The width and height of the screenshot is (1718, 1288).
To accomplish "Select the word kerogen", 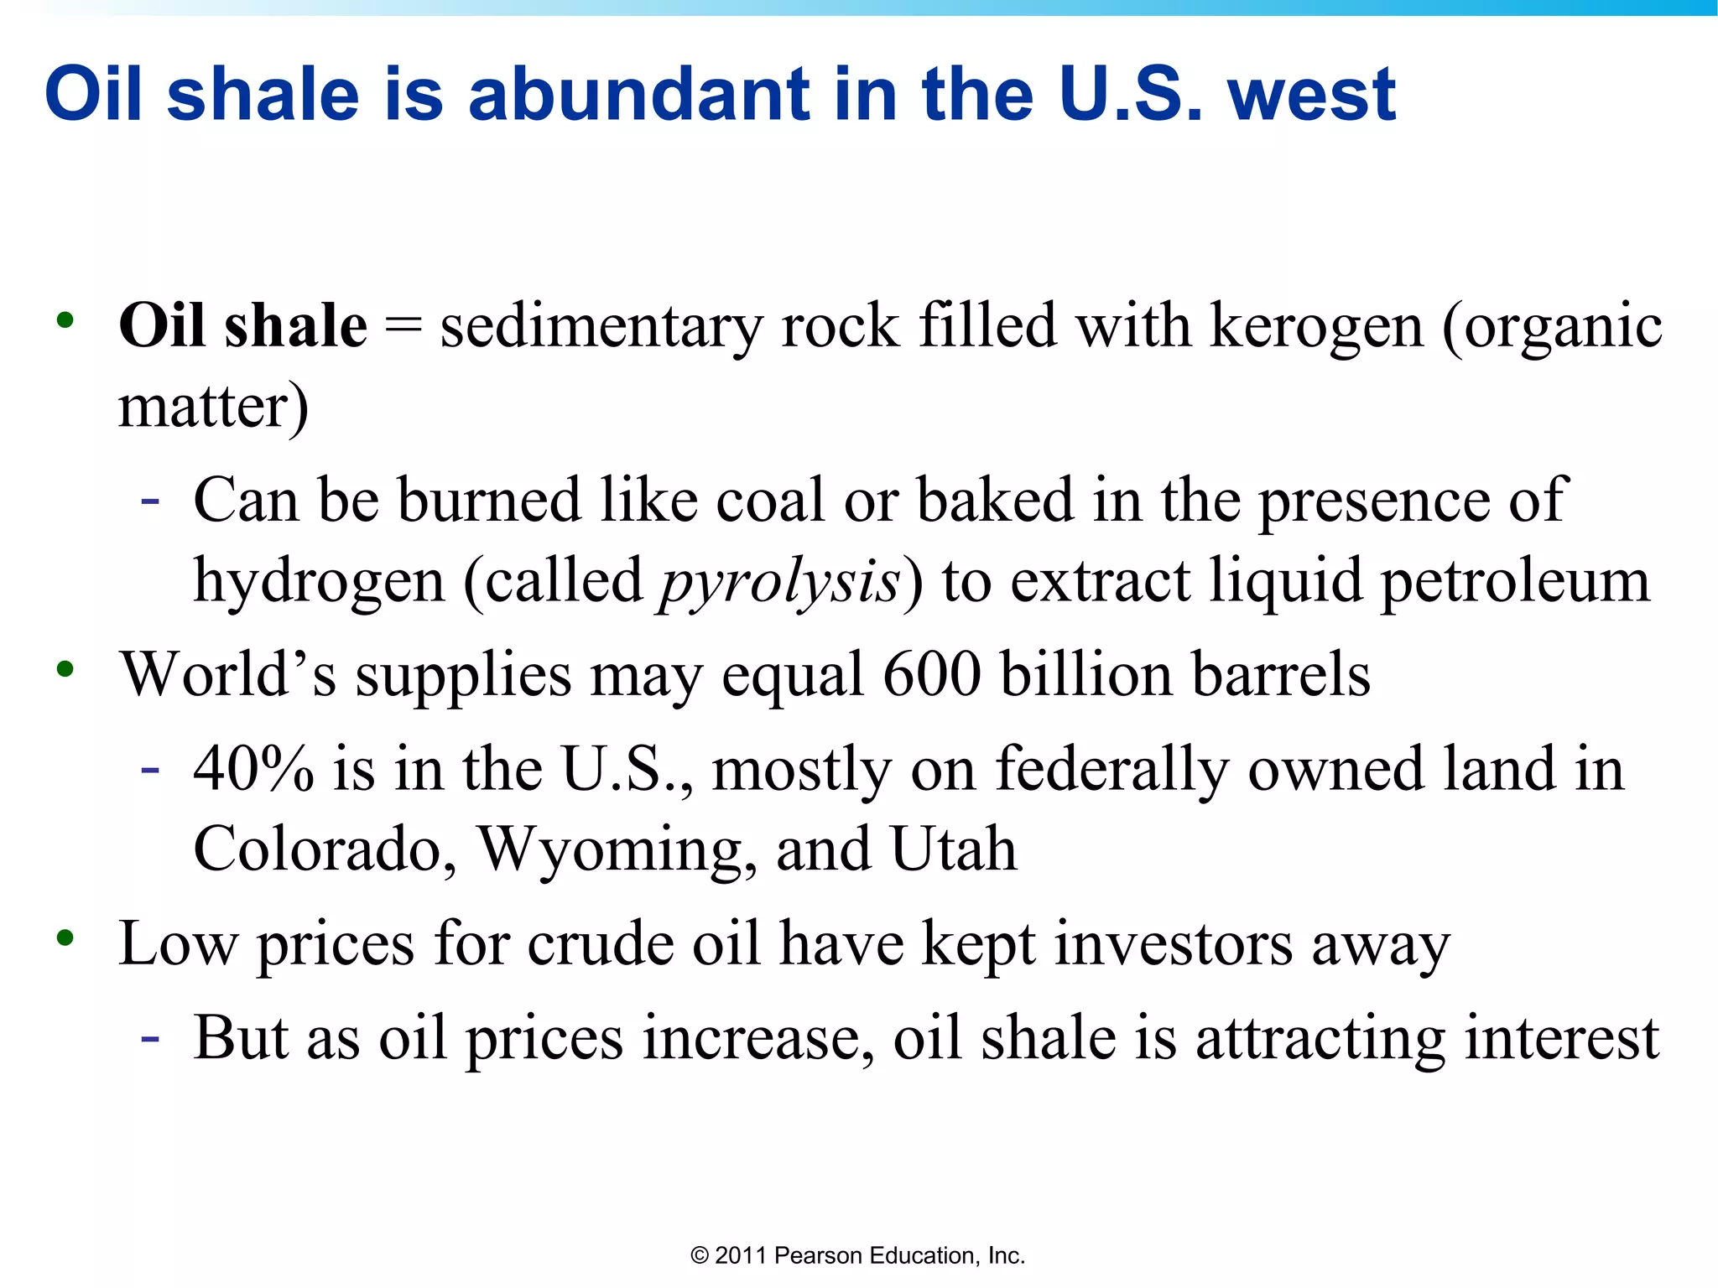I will point(1316,326).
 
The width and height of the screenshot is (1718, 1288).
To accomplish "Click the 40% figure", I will point(253,769).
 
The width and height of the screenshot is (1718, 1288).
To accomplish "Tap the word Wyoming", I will point(617,849).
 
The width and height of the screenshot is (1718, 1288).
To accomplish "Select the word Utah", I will point(953,849).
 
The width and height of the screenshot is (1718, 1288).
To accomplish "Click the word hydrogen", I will point(319,582).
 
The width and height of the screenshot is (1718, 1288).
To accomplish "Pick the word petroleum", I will point(1515,582).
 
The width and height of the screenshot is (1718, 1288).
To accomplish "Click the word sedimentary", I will point(601,326).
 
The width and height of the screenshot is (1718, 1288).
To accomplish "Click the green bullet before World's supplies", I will point(65,669).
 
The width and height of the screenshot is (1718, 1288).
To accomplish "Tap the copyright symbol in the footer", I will point(700,1255).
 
